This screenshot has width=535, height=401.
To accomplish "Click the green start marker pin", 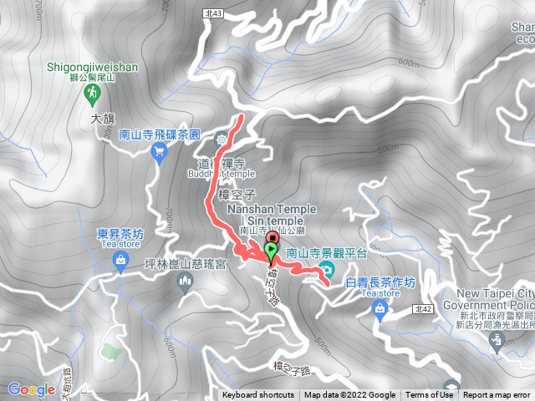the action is (x=271, y=251).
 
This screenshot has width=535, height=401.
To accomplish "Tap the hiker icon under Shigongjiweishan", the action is (x=89, y=97).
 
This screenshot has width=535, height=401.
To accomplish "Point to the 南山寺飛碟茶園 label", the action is (x=160, y=134).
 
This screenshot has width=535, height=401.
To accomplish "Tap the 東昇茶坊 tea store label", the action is (x=121, y=234).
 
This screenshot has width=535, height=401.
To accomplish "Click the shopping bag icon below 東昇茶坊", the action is (x=121, y=260).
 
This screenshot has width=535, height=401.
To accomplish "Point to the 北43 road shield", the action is (x=211, y=13).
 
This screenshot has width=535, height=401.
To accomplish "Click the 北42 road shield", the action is (x=422, y=309).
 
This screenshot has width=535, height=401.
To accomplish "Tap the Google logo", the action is (x=32, y=389).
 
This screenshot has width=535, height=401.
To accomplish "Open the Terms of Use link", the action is (x=429, y=395).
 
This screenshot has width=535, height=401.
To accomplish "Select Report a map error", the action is (x=497, y=395).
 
